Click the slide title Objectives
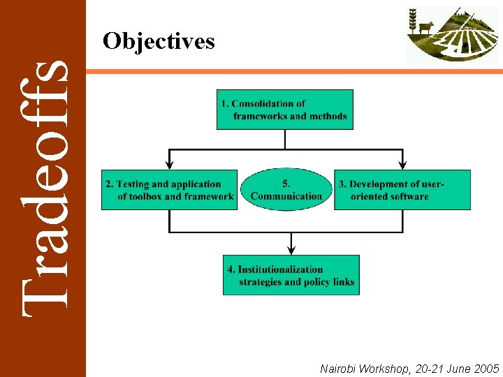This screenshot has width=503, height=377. coord(159,42)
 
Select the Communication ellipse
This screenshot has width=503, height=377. coord(286,189)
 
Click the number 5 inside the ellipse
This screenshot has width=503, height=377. coord(286,184)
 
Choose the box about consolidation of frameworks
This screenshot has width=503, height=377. coord(285,110)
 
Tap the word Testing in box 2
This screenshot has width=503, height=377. coord(133,184)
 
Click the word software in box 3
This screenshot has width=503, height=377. coord(404,197)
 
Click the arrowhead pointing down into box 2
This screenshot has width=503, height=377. coord(169,165)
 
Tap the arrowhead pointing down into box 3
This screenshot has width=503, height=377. coord(403,165)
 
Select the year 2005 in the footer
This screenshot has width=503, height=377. coord(486,368)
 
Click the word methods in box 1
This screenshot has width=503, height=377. coord(327,117)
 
